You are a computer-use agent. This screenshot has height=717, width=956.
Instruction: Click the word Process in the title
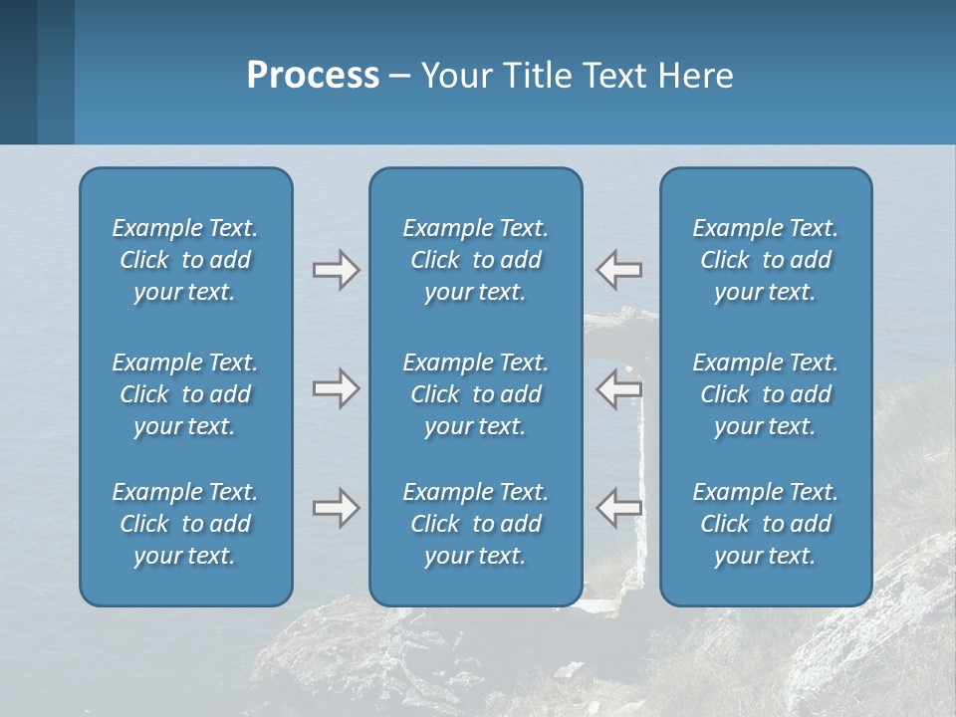click(x=313, y=76)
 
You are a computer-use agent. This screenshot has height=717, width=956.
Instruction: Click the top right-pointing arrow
click(x=336, y=270)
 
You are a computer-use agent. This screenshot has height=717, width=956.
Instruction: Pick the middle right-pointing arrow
click(x=336, y=388)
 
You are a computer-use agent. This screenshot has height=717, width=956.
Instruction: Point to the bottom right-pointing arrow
click(x=336, y=508)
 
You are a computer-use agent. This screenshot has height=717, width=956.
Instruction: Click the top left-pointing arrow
click(x=619, y=270)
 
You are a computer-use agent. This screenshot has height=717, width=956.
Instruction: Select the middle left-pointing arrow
click(x=619, y=388)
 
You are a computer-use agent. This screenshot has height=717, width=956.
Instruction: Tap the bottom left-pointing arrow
click(x=619, y=508)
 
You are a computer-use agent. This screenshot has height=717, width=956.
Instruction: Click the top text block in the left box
click(x=185, y=260)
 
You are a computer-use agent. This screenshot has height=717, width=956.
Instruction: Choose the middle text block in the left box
click(x=185, y=394)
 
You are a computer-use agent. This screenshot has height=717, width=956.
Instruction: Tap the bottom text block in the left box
click(x=185, y=524)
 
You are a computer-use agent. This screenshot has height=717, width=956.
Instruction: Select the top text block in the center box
click(x=475, y=260)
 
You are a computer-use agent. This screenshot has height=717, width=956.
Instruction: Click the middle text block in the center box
click(x=475, y=394)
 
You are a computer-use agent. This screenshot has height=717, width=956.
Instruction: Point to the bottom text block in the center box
click(x=475, y=524)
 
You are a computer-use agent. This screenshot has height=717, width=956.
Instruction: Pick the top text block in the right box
click(x=765, y=260)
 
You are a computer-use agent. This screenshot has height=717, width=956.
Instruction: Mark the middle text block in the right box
click(x=765, y=394)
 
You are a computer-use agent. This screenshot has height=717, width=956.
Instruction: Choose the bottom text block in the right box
click(x=765, y=524)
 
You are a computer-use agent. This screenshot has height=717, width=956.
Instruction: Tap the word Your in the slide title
click(x=454, y=76)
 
